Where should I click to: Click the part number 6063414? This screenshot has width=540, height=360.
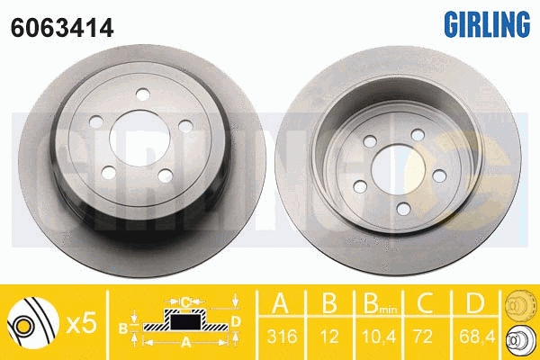(61, 28)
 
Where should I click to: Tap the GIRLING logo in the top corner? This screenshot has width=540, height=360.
(484, 21)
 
